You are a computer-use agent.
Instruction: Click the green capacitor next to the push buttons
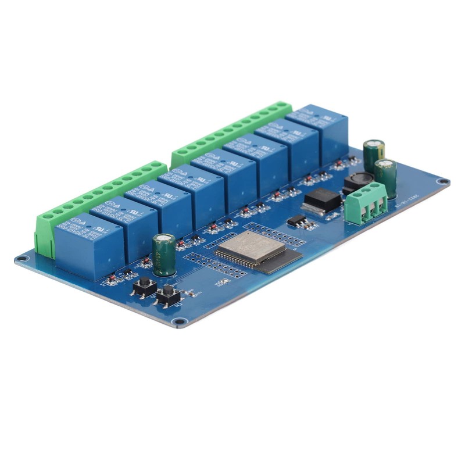163,253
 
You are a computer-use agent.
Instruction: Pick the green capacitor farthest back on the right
374,153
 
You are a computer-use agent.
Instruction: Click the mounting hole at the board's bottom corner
180,321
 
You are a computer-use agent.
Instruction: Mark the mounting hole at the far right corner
443,182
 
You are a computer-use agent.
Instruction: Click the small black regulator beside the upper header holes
297,220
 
